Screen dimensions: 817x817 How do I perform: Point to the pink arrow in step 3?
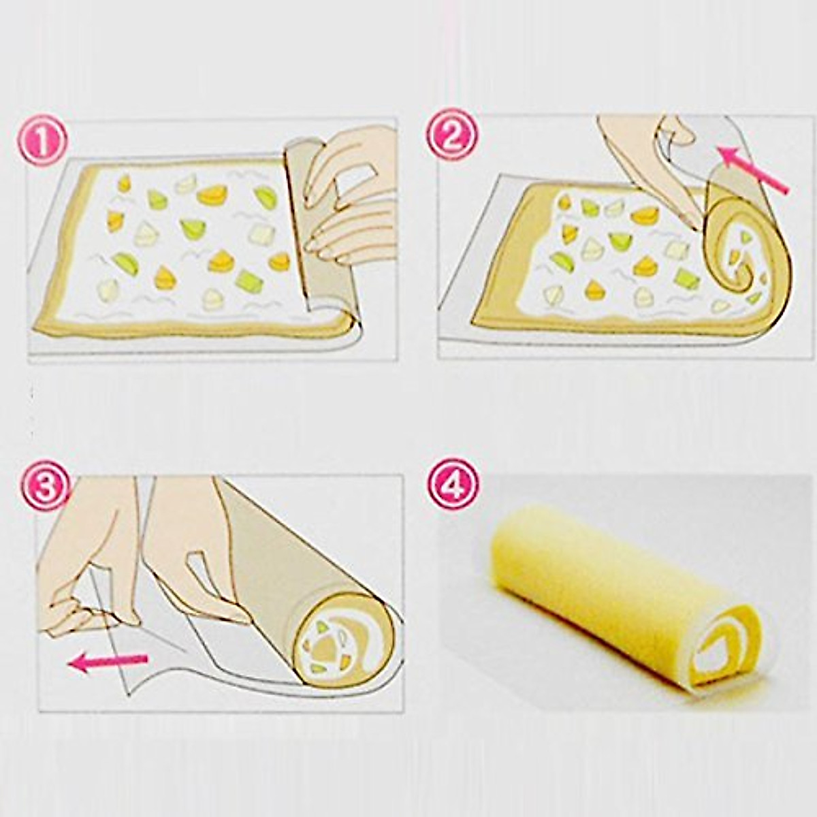coord(109,661)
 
